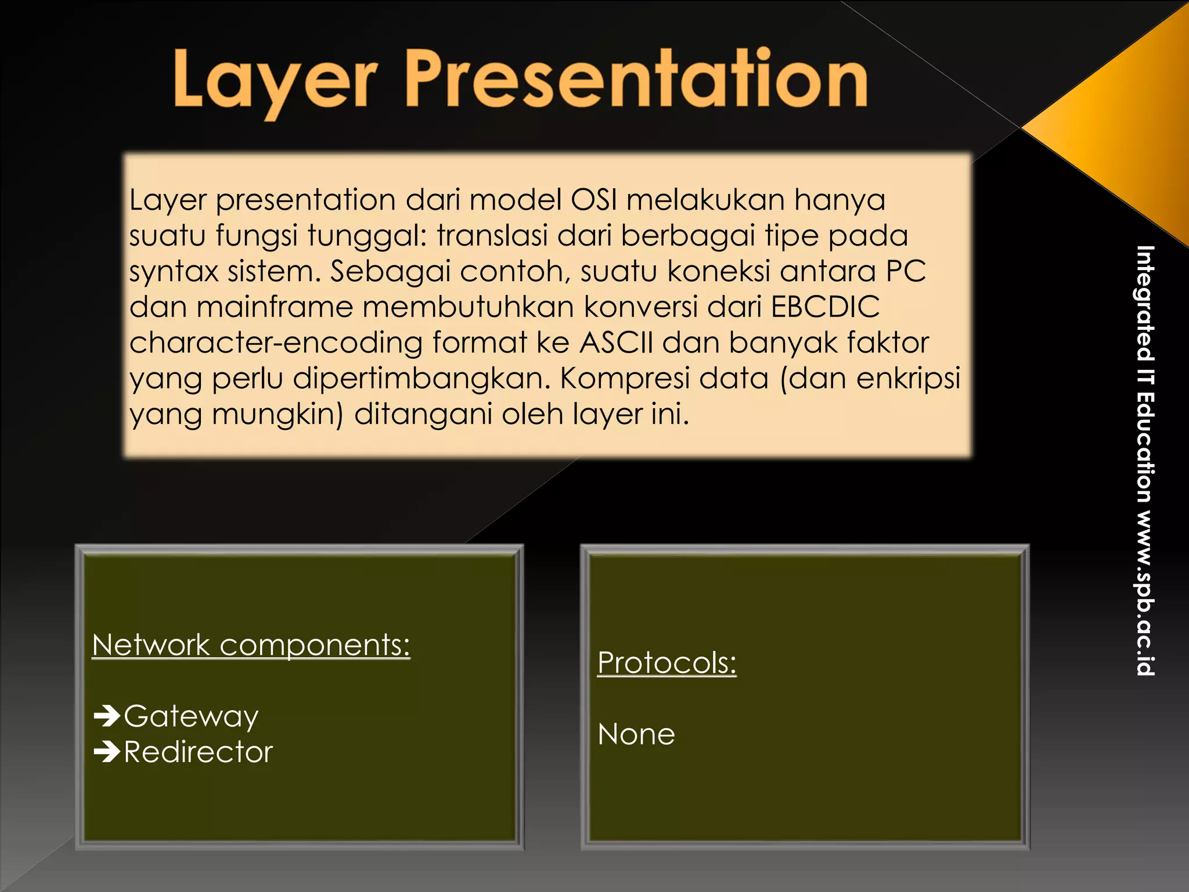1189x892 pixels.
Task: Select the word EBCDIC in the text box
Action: coord(825,307)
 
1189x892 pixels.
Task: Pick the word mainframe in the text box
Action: coord(275,307)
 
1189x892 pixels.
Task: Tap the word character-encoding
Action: coord(276,343)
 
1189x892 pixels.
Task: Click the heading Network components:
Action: coord(251,645)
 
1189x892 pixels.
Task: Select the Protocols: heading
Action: coord(666,663)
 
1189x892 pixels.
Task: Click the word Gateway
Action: coord(191,717)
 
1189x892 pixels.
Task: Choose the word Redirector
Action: coord(198,753)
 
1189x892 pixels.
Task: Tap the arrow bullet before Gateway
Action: coord(107,716)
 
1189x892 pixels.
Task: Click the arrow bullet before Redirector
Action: coord(107,752)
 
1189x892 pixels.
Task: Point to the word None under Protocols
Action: coord(636,735)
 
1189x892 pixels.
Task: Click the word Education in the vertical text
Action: coord(1145,447)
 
